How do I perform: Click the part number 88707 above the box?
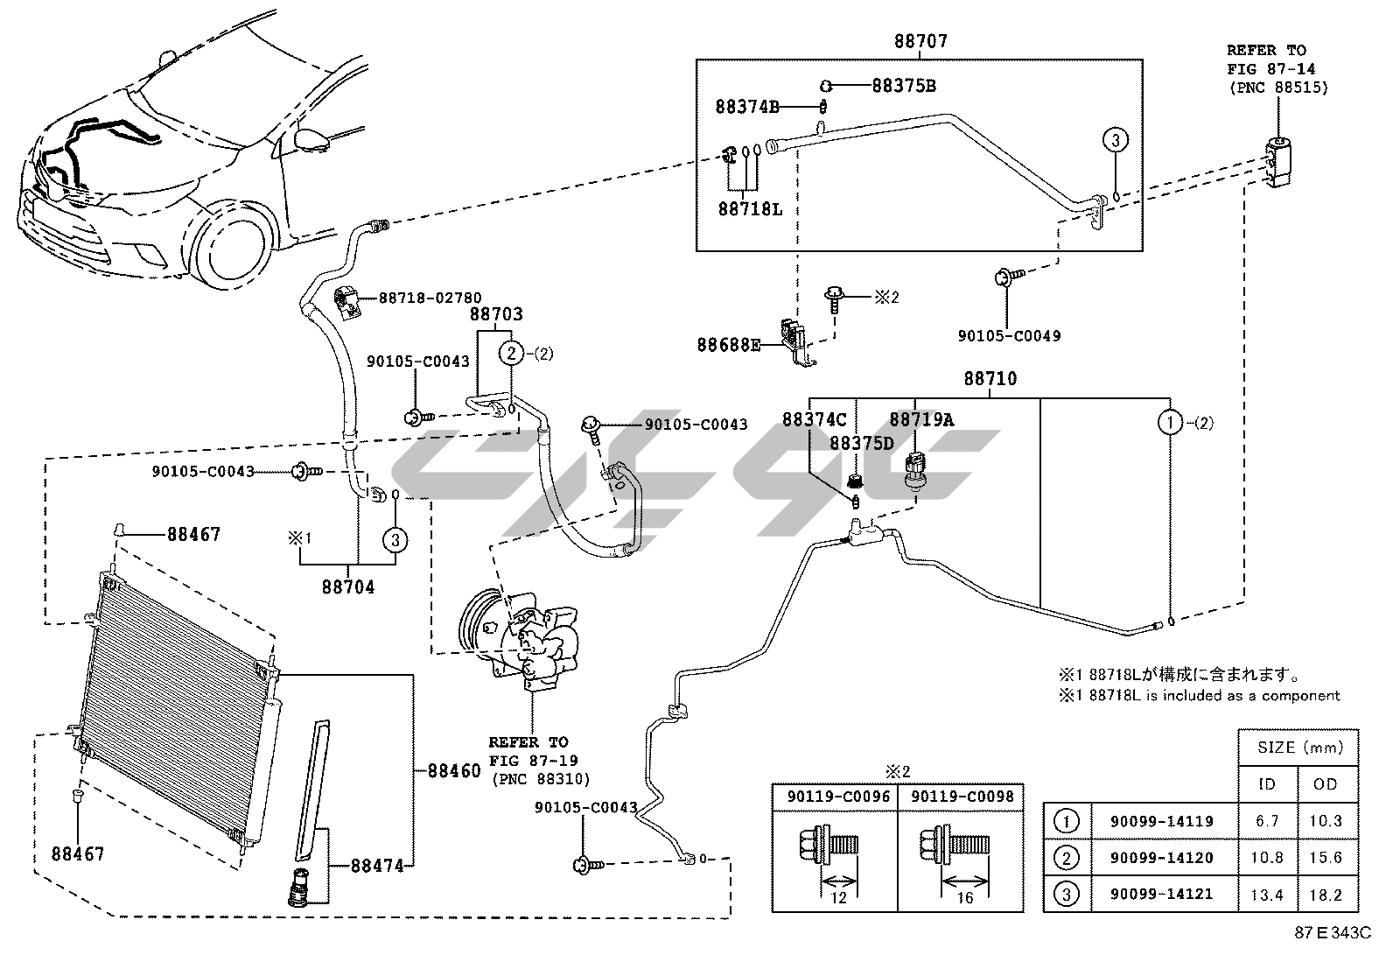pyautogui.click(x=920, y=41)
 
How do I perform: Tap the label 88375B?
pyautogui.click(x=904, y=86)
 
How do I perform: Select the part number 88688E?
pyautogui.click(x=729, y=344)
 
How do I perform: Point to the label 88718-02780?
pyautogui.click(x=430, y=298)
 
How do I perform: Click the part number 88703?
pyautogui.click(x=495, y=314)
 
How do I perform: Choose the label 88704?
pyautogui.click(x=347, y=587)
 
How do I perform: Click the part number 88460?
pyautogui.click(x=454, y=771)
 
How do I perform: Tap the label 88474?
pyautogui.click(x=378, y=866)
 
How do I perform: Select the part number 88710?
pyautogui.click(x=990, y=378)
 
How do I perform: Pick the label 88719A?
pyautogui.click(x=921, y=419)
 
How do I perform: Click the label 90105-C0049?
pyautogui.click(x=1009, y=335)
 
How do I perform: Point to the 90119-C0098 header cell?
pyautogui.click(x=962, y=797)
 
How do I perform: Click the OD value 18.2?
pyautogui.click(x=1325, y=895)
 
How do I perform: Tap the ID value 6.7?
pyautogui.click(x=1266, y=821)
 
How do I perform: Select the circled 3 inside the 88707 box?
pyautogui.click(x=1114, y=139)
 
